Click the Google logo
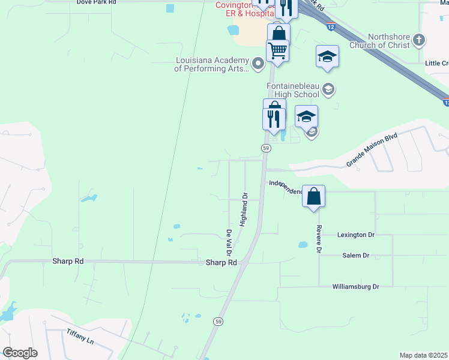(x=20, y=353)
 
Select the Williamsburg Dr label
(x=357, y=287)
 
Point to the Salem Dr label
(x=355, y=255)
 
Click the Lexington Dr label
(x=355, y=235)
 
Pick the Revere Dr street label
(x=319, y=238)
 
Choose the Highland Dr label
(x=244, y=209)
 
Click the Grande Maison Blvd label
(x=372, y=151)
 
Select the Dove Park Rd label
(x=96, y=2)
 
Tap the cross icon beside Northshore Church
(x=419, y=40)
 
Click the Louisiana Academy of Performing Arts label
(x=211, y=64)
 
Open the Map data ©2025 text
(x=423, y=355)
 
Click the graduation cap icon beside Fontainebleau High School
(x=328, y=90)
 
